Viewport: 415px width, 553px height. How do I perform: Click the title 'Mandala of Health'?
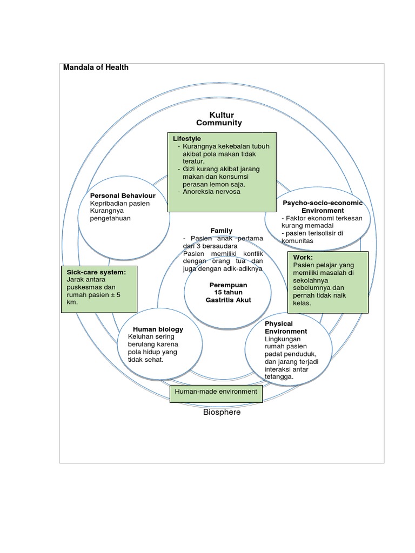pos(96,68)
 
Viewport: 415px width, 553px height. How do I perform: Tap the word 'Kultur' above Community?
pos(222,114)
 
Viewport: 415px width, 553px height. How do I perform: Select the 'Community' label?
pos(219,123)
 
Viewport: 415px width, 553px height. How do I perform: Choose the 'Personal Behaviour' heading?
pos(123,195)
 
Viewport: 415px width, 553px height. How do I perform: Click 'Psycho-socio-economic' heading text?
pos(323,203)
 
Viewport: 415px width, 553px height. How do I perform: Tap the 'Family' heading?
pos(222,231)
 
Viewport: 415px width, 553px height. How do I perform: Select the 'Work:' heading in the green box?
pos(303,258)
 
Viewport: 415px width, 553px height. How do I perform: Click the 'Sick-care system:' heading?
pos(96,272)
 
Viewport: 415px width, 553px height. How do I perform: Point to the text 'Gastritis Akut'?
pos(228,300)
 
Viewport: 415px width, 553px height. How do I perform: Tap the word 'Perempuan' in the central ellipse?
pos(228,285)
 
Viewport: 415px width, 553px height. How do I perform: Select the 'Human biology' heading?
pos(157,329)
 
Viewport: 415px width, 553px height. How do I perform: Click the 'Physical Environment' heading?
pos(286,327)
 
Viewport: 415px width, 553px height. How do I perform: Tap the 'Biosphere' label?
pos(222,412)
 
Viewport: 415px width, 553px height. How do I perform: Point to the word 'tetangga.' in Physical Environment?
pos(279,377)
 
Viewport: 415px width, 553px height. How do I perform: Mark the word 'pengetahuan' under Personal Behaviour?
pos(111,219)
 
